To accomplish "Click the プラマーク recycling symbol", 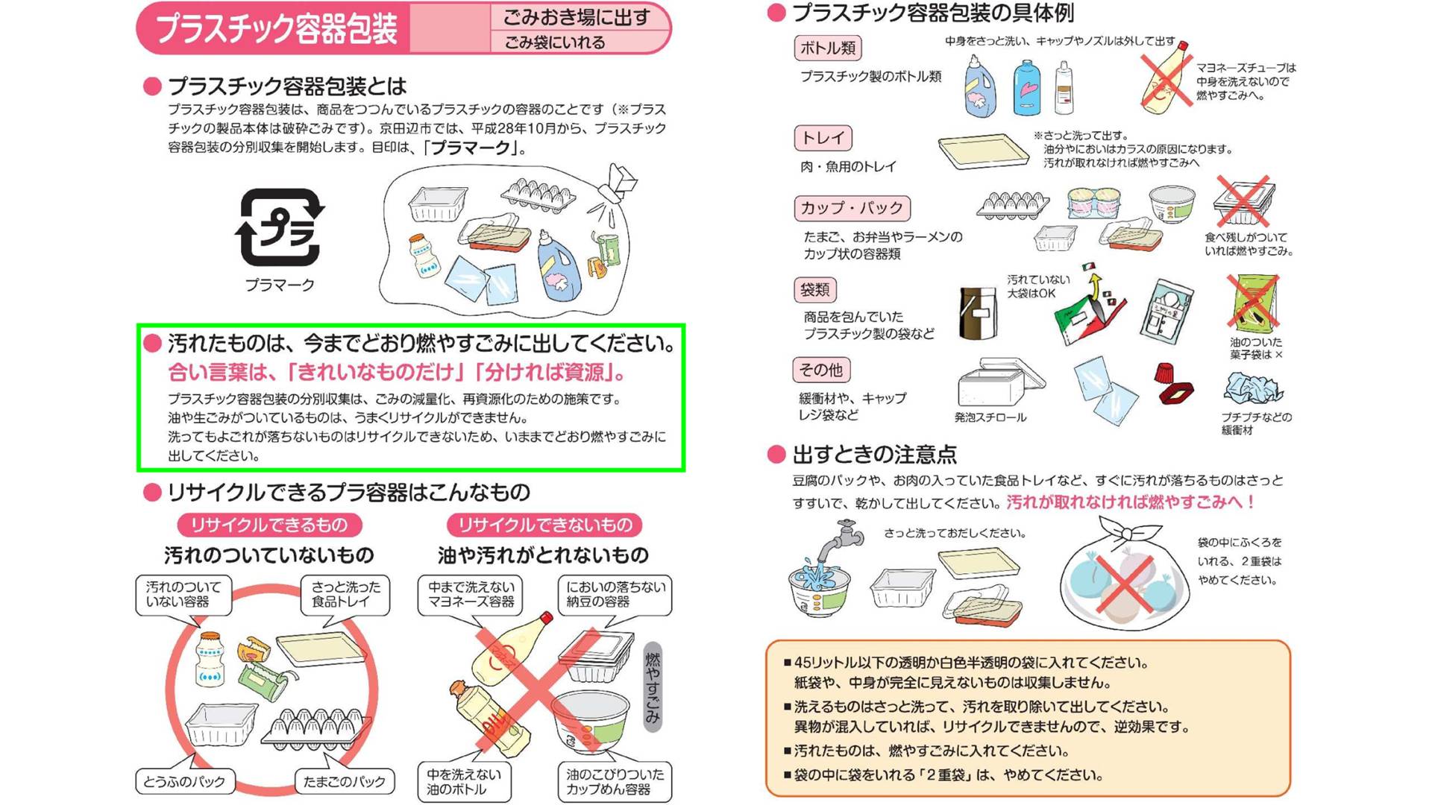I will (280, 227).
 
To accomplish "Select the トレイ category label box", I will (823, 138).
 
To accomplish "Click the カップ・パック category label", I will (852, 208).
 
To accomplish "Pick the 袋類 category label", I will (814, 290).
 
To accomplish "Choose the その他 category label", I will (820, 370).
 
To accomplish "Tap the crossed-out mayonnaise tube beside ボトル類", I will (1165, 77).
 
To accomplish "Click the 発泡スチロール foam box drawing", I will (998, 384).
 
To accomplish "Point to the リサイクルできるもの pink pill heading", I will (269, 525).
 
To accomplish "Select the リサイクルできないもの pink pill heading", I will (544, 525).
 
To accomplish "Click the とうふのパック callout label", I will (184, 782).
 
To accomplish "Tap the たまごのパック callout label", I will (344, 782).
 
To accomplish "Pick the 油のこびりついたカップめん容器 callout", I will (614, 782).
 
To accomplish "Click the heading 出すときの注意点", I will (874, 455).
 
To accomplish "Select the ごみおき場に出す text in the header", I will (577, 17).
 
